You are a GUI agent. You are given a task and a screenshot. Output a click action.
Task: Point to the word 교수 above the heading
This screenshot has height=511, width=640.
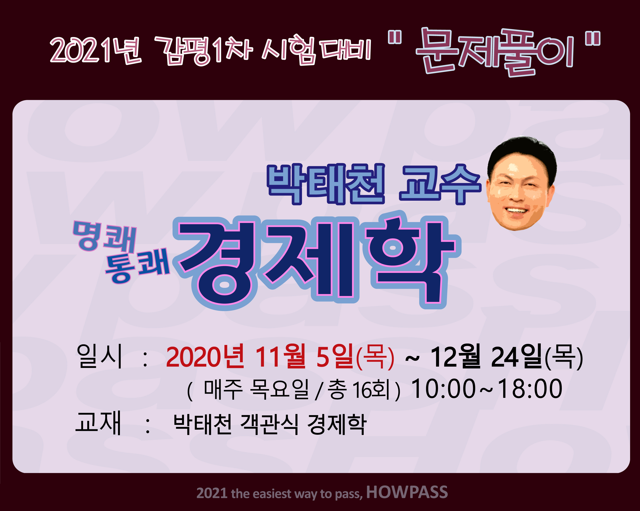pyautogui.click(x=440, y=184)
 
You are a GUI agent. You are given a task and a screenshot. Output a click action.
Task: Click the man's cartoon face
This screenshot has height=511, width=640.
pyautogui.click(x=521, y=183)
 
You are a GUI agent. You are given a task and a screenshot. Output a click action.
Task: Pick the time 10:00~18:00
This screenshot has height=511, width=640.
pyautogui.click(x=487, y=389)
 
